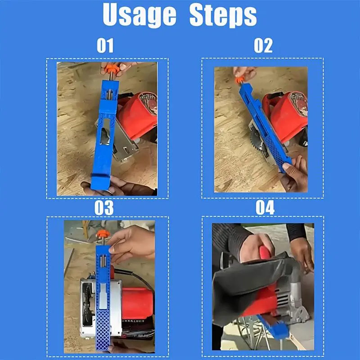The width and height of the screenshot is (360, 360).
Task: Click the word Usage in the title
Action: click(139, 15)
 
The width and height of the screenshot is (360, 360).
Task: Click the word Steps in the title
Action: click(223, 15)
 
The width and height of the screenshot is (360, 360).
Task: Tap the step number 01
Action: click(105, 45)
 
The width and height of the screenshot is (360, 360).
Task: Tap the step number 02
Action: click(263, 45)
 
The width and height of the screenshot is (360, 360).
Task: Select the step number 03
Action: click(104, 208)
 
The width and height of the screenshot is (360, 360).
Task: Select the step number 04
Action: click(265, 207)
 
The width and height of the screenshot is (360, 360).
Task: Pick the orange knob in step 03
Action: click(103, 234)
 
